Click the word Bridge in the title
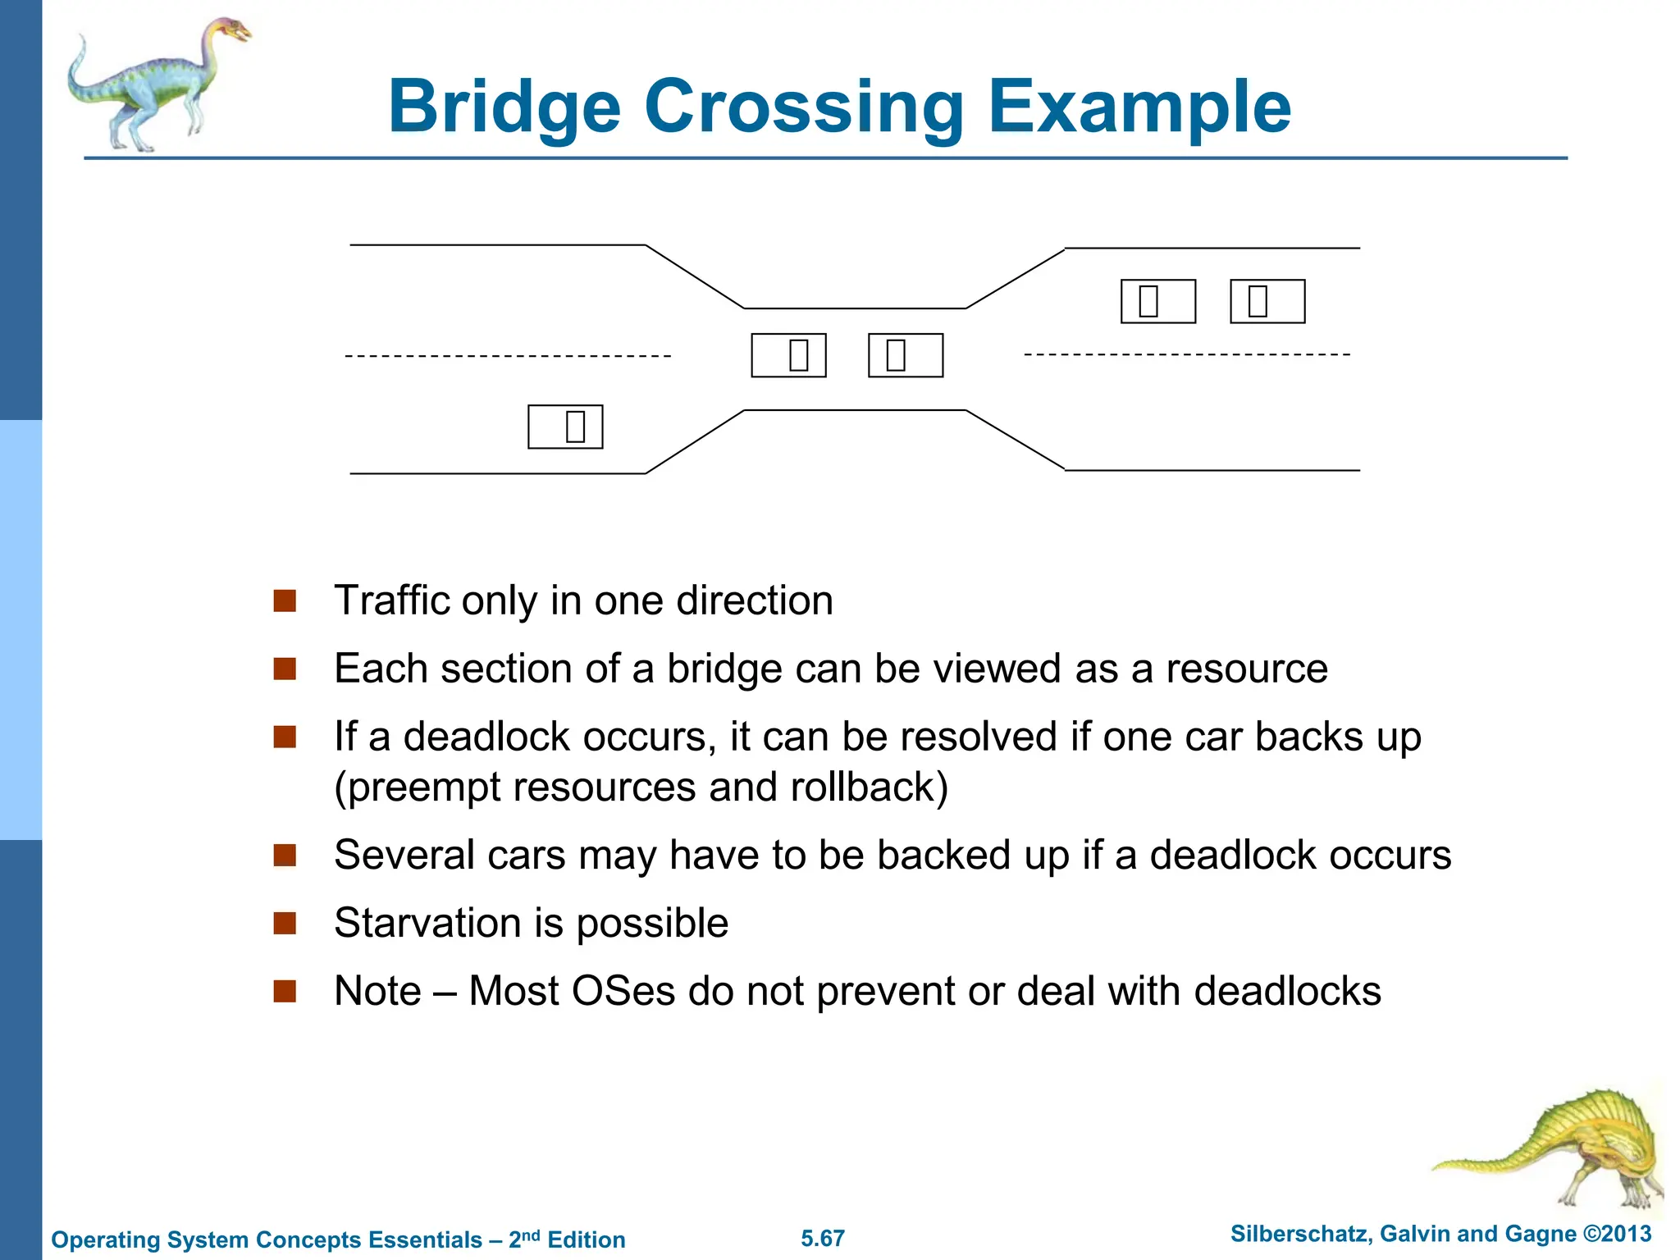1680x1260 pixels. (504, 107)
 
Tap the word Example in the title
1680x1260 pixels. (1139, 107)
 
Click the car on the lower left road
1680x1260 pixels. (565, 427)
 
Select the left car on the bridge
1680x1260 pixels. (788, 355)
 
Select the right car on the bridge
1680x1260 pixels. (906, 355)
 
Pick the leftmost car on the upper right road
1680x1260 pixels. (1158, 301)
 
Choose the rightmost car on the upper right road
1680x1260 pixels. (1267, 301)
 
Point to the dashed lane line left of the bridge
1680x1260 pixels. (508, 356)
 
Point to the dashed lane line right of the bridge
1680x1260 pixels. (1187, 354)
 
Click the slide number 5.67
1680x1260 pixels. (823, 1239)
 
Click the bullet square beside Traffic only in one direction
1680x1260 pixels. (285, 601)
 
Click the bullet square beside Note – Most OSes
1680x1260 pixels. (285, 992)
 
